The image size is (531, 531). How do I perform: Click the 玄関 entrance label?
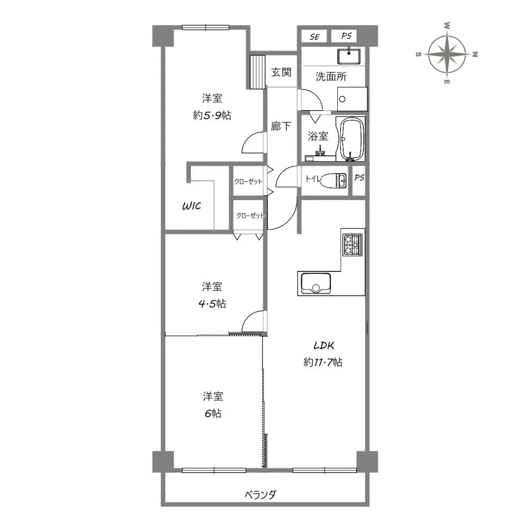click(x=281, y=72)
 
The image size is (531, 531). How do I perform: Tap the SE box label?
click(x=314, y=37)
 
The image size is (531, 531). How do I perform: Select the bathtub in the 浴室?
click(x=352, y=139)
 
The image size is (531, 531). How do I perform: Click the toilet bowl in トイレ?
click(x=333, y=180)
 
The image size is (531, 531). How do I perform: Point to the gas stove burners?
click(x=353, y=245)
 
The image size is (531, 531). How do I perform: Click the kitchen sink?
click(x=316, y=284)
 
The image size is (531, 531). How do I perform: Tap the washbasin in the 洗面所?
click(x=349, y=56)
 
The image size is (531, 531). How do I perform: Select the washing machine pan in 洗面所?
click(x=352, y=99)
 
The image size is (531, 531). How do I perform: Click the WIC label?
click(x=192, y=206)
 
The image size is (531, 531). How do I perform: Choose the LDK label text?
click(x=324, y=346)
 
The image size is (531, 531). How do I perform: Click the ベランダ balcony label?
click(x=261, y=495)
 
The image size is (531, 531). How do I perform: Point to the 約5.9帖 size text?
click(x=212, y=116)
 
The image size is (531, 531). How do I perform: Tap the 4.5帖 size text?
click(x=212, y=303)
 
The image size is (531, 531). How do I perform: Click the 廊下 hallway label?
click(x=281, y=126)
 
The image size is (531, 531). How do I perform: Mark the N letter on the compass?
click(x=475, y=54)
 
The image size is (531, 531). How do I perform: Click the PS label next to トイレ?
click(x=359, y=177)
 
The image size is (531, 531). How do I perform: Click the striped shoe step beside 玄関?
click(x=257, y=72)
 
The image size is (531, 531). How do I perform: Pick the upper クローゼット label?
click(x=248, y=181)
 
